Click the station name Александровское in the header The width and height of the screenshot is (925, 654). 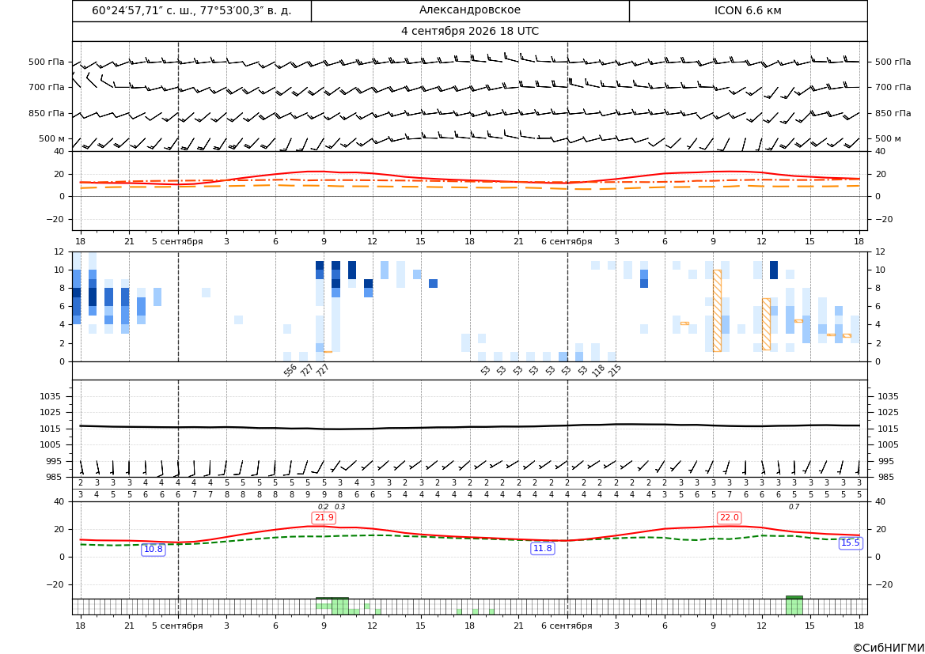point(469,10)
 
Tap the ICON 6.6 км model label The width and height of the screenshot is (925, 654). point(748,10)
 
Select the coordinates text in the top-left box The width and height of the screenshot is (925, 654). point(191,10)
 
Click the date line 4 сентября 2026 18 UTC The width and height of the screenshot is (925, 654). point(469,32)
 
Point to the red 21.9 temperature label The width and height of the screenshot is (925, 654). point(324,518)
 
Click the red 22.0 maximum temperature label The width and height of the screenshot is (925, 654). point(729,518)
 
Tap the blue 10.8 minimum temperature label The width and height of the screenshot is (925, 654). point(154,549)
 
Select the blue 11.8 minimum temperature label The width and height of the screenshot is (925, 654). point(543,549)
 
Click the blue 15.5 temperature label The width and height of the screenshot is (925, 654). point(850,542)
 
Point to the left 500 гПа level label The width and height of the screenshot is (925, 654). point(47,62)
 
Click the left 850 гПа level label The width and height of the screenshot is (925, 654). point(47,113)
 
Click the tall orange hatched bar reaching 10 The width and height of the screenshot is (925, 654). point(717,311)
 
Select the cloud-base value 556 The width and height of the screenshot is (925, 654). point(290,370)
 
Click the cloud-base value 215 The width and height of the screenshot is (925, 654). point(615,370)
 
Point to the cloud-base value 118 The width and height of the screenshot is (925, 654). point(598,370)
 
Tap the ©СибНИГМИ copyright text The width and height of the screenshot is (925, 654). point(889,648)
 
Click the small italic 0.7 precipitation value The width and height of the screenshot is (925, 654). point(794,507)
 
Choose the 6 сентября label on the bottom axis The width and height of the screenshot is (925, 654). point(567,626)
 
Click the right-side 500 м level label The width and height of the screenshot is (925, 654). point(888,138)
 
